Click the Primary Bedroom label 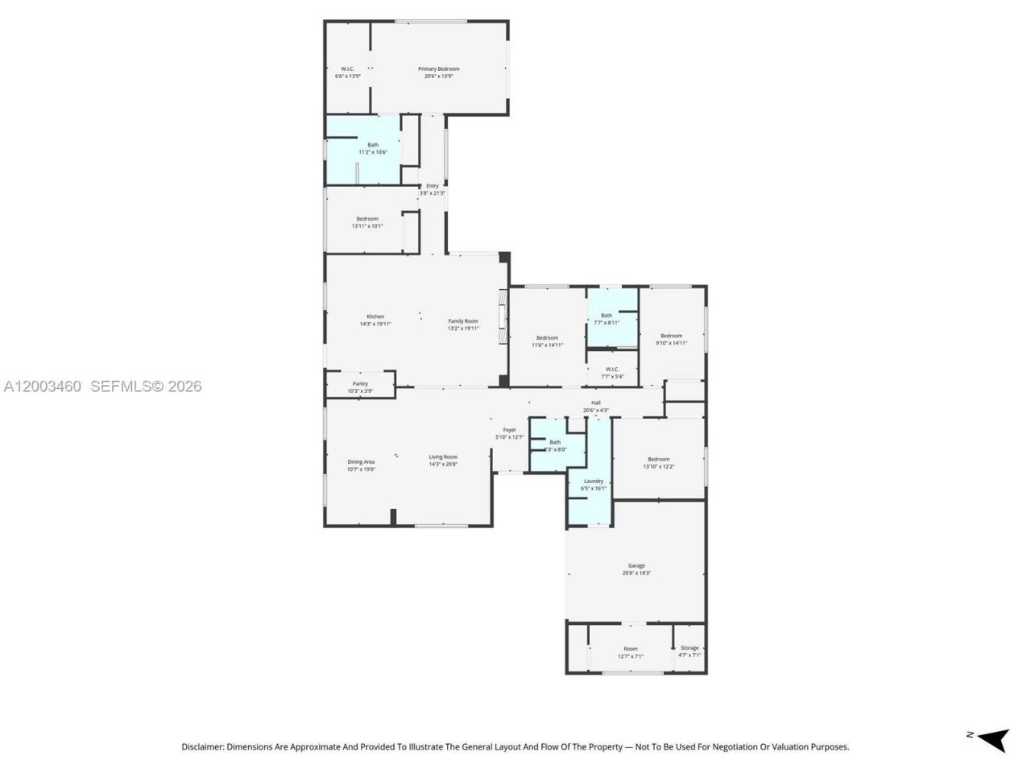(x=438, y=69)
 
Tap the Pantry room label (x=360, y=384)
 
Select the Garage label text (x=636, y=566)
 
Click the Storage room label (x=689, y=648)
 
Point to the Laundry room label (x=593, y=482)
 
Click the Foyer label (x=509, y=430)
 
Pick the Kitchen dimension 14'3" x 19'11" (x=375, y=324)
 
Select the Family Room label (x=463, y=321)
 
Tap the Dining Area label (x=361, y=462)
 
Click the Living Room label (x=443, y=457)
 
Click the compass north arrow (x=992, y=737)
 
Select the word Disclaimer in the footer (x=202, y=747)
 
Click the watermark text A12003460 (x=42, y=386)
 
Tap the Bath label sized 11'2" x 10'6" (x=373, y=145)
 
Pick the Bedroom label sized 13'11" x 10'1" (x=367, y=219)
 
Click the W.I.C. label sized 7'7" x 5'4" (x=612, y=370)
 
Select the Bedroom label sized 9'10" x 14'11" (x=671, y=336)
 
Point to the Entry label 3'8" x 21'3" (x=433, y=186)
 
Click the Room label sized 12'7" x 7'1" (x=630, y=649)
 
